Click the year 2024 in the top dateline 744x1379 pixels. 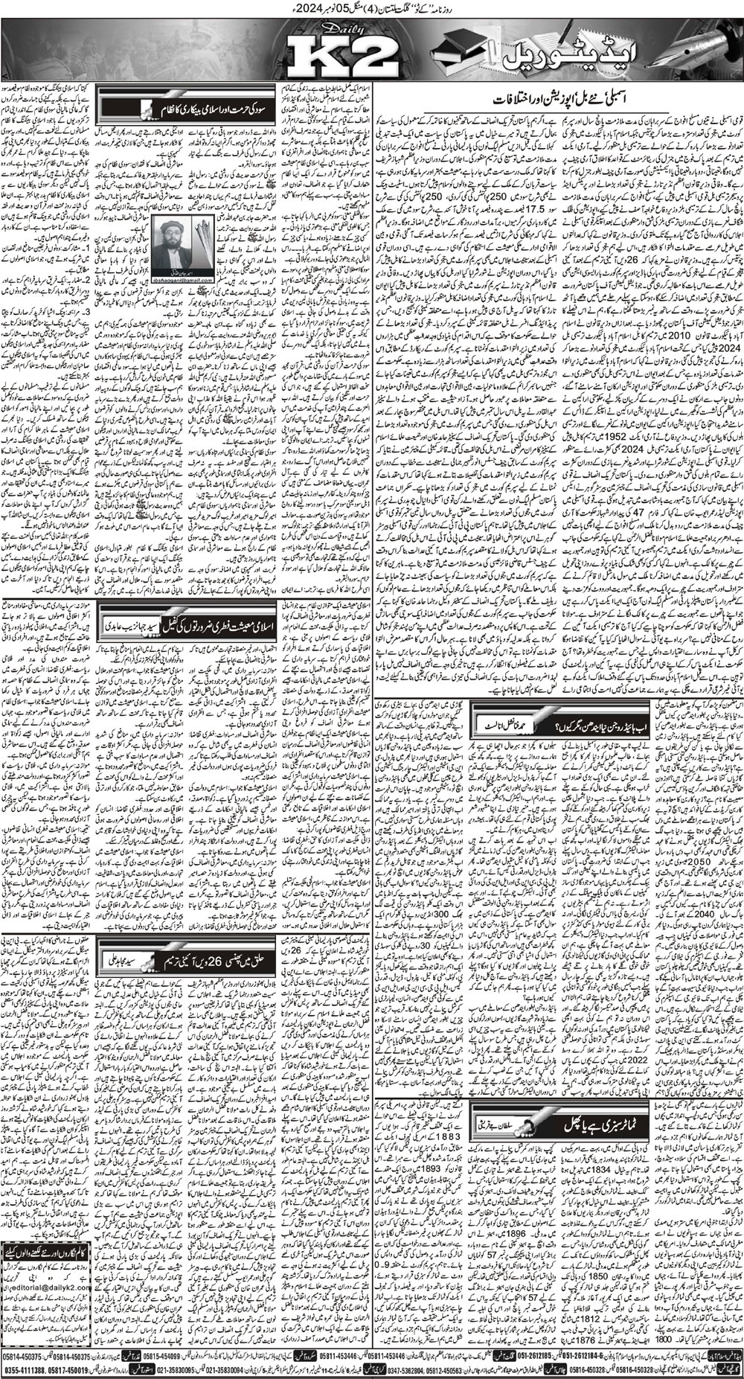click(402, 10)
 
